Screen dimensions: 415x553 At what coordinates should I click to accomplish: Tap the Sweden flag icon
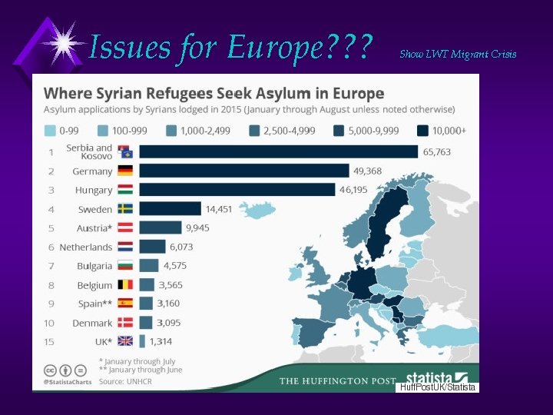125,209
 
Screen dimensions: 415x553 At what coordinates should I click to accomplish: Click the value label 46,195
356,190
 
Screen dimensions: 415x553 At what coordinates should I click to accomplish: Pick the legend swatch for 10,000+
423,131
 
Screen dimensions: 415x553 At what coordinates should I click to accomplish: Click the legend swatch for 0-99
51,131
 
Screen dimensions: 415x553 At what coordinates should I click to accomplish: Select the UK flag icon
125,342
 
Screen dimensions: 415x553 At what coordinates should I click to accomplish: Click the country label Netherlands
87,247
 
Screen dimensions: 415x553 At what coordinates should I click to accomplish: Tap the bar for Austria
160,228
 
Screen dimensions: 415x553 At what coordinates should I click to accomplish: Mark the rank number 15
50,342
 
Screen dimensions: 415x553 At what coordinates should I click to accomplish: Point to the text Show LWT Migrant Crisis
458,54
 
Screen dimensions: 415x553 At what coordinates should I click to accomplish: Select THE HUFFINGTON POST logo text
337,381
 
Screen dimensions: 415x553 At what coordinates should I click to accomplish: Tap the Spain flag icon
125,304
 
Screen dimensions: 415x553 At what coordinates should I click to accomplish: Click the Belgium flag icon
125,285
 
